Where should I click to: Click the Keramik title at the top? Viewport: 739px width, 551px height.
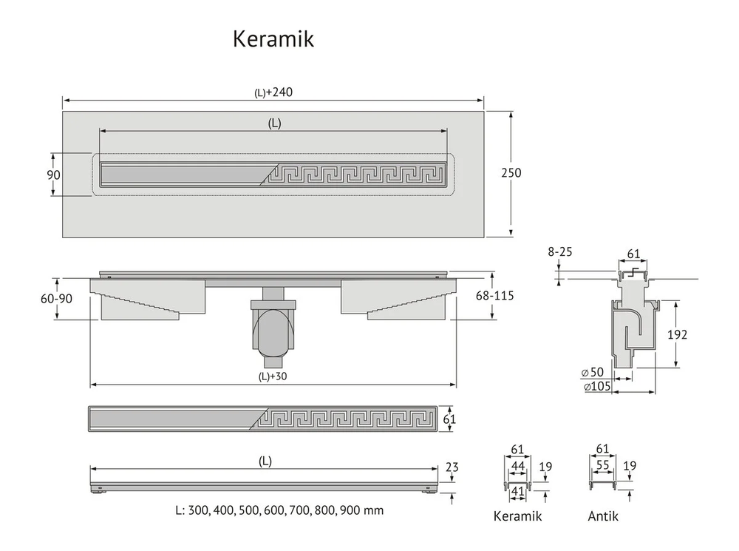(273, 38)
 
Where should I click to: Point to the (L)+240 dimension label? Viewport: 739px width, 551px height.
(273, 92)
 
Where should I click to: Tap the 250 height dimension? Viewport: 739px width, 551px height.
(511, 172)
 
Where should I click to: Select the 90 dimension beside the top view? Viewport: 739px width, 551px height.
(53, 175)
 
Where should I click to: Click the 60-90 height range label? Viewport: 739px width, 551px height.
(57, 299)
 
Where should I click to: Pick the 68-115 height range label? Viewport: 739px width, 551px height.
(494, 296)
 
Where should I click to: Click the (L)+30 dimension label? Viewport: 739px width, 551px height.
(273, 376)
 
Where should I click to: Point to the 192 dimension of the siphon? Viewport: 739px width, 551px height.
(677, 334)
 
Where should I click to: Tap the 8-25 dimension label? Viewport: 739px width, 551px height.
(560, 252)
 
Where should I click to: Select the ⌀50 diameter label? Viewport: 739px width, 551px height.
(593, 372)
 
